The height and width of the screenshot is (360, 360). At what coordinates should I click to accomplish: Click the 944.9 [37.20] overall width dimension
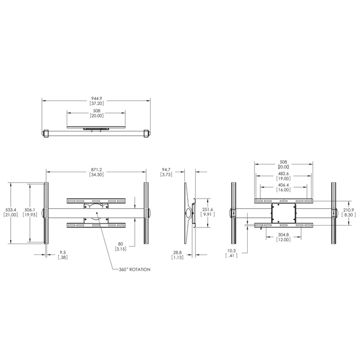click(97, 101)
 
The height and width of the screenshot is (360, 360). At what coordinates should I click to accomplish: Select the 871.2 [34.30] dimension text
click(96, 172)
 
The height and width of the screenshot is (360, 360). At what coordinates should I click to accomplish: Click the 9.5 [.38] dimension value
click(62, 256)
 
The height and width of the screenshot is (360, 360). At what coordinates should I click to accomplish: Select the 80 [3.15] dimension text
click(121, 246)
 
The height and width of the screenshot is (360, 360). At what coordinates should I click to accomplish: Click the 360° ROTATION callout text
click(131, 269)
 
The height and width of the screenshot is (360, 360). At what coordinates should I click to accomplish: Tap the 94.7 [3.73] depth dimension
click(167, 172)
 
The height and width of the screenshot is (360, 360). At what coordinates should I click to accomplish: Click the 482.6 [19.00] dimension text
click(284, 176)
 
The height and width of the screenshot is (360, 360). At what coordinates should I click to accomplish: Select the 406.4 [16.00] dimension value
click(284, 187)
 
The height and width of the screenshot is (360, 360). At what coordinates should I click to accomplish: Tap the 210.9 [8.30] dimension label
click(349, 213)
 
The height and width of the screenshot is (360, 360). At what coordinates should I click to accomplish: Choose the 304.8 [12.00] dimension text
click(284, 237)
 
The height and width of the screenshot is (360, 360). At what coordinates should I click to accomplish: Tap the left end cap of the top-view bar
click(45, 134)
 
